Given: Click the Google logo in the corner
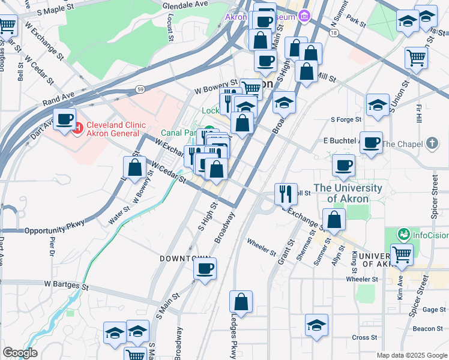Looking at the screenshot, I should click(20, 352).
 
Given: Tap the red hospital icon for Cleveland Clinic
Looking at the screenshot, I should click(77, 127).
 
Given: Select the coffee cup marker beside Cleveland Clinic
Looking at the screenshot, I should click(64, 119).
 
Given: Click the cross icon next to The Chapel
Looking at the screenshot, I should click(432, 143).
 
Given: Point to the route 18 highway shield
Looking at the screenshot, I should click(334, 32).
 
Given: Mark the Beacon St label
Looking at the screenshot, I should click(427, 328).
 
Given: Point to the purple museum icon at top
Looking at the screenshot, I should click(304, 16).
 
